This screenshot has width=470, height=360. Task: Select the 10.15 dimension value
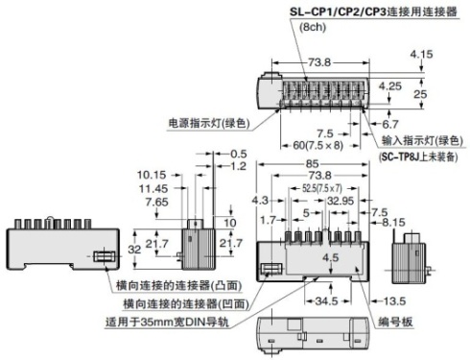(153, 176)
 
